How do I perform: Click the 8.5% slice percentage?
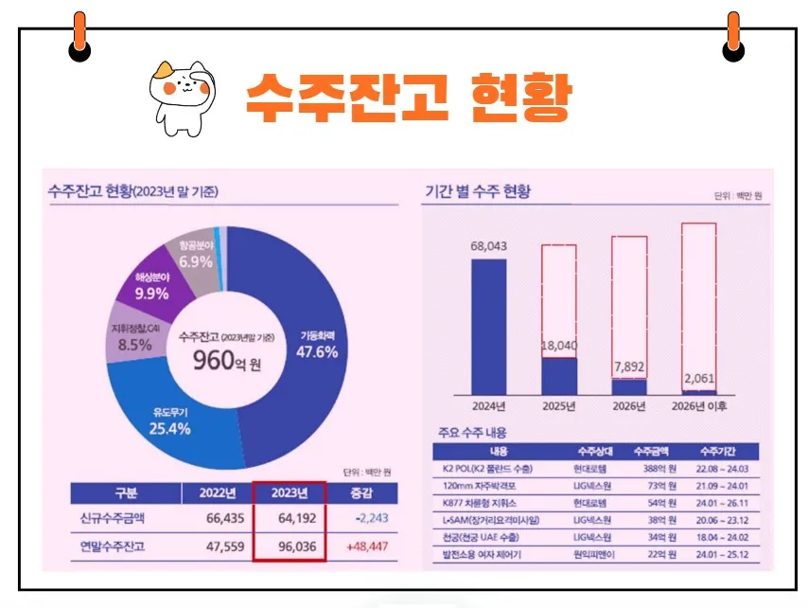pyautogui.click(x=135, y=345)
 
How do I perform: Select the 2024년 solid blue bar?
pyautogui.click(x=488, y=326)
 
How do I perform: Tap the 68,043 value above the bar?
pyautogui.click(x=488, y=246)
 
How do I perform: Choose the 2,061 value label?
pyautogui.click(x=698, y=379)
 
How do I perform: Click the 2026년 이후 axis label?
pyautogui.click(x=698, y=406)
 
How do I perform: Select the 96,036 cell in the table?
pyautogui.click(x=290, y=546)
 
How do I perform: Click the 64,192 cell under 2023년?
pyautogui.click(x=290, y=519)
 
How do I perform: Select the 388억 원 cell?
pyautogui.click(x=651, y=468)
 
